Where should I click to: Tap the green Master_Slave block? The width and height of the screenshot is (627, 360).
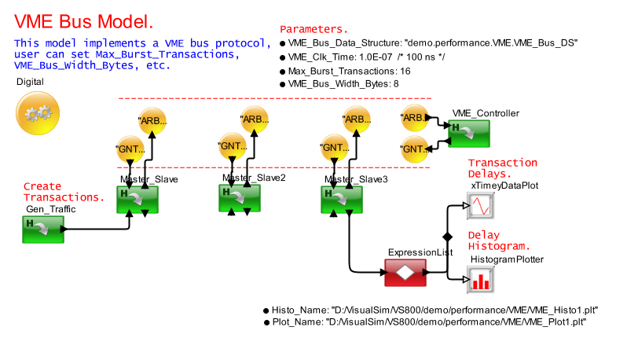click(x=137, y=199)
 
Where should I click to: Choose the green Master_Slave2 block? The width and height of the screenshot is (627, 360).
click(x=240, y=197)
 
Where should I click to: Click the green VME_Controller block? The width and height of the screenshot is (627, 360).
click(x=469, y=131)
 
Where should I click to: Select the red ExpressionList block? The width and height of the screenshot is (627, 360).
click(x=406, y=273)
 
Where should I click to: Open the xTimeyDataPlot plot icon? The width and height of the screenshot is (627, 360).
click(x=480, y=207)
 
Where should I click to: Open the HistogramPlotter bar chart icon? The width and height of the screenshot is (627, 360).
click(x=480, y=278)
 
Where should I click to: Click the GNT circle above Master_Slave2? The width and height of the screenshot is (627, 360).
click(x=233, y=146)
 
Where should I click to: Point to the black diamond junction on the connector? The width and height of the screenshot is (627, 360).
click(x=448, y=237)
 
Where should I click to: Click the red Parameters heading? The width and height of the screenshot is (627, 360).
click(x=314, y=28)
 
